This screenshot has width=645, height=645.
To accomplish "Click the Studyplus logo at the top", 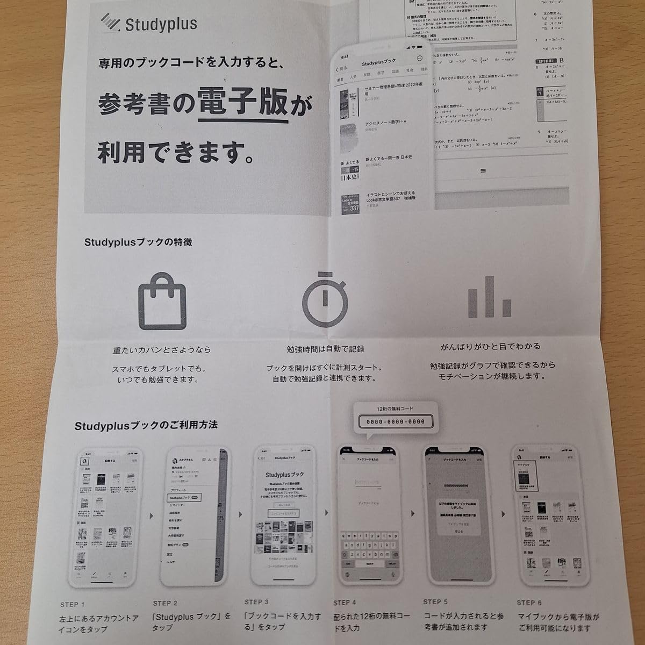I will click(149, 24).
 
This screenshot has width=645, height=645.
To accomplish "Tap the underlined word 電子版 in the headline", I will click(243, 103).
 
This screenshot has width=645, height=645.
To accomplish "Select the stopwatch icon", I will click(324, 299).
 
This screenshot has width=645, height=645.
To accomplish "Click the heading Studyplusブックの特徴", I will click(138, 242).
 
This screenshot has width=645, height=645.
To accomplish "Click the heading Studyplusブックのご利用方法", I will click(146, 425).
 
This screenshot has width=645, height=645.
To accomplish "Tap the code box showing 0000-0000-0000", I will click(396, 421).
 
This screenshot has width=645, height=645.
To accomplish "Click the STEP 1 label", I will click(73, 604).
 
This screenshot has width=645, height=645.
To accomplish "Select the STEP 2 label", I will click(165, 603).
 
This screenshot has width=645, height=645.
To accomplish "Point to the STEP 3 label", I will click(256, 602).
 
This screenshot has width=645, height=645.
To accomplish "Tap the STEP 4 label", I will click(346, 603).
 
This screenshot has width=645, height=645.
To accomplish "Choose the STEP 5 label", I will click(435, 602).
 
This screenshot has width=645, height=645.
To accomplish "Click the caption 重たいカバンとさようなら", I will click(162, 350).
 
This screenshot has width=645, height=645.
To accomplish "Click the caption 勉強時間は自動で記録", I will click(325, 349).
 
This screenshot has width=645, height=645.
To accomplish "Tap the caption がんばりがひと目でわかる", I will click(491, 347).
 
